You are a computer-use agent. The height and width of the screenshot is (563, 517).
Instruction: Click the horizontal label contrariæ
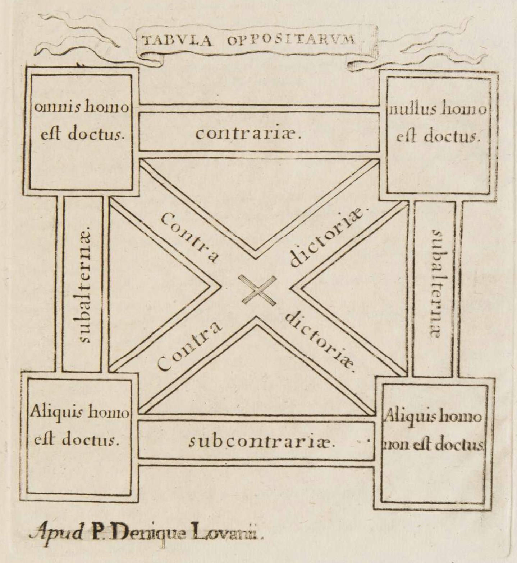248,134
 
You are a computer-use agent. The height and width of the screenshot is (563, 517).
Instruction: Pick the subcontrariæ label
262,441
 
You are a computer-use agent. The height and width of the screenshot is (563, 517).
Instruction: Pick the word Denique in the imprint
147,534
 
